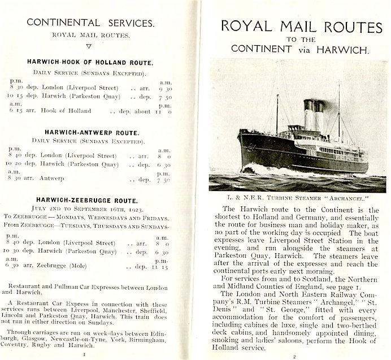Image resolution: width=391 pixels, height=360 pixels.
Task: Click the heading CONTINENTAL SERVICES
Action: pyautogui.click(x=90, y=23)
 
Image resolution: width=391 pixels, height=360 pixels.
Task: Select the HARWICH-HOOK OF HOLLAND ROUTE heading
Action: pyautogui.click(x=90, y=63)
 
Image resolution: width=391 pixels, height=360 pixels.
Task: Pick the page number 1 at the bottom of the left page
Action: pyautogui.click(x=83, y=354)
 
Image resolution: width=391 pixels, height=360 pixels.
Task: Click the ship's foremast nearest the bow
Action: pyautogui.click(x=276, y=113)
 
